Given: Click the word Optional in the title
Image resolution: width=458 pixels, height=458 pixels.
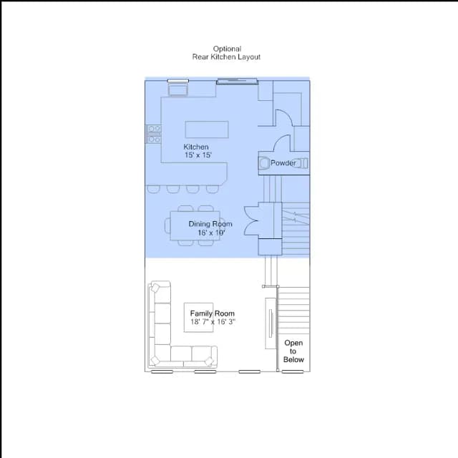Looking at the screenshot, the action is tap(227, 49).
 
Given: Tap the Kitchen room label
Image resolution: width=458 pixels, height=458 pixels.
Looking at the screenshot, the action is tap(196, 147).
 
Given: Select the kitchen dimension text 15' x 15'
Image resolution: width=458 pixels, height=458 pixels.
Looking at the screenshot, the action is tap(198, 155).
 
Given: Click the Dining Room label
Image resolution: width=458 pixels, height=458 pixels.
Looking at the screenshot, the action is tap(210, 224).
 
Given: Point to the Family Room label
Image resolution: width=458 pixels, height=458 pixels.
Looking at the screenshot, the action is tap(213, 313).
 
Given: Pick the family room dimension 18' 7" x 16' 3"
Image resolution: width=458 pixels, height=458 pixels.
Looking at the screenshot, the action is tap(213, 322).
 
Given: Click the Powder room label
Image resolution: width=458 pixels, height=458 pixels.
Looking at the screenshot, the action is tap(283, 163).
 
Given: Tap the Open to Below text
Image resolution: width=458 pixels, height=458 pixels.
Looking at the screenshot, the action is tap(293, 351).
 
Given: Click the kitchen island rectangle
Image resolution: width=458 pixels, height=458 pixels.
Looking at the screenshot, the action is tap(207, 130).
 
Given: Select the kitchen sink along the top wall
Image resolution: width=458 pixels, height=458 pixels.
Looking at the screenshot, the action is tap(177, 89).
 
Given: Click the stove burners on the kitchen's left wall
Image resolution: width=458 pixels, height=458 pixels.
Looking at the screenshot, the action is tap(154, 134).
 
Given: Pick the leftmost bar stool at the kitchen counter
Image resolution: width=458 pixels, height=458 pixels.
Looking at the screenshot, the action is tap(153, 189).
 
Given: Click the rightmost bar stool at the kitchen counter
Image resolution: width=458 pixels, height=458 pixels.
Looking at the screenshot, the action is tap(213, 189).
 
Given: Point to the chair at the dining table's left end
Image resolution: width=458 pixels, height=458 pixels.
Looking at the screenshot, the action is tap(167, 225).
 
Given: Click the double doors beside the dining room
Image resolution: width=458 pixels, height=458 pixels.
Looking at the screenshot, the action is tap(251, 220).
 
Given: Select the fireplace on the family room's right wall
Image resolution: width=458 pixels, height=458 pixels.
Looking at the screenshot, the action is tap(271, 323).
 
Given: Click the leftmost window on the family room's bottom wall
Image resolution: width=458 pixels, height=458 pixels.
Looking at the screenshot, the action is tap(162, 371).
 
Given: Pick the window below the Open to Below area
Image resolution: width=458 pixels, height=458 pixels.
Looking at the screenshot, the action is tap(293, 371).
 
